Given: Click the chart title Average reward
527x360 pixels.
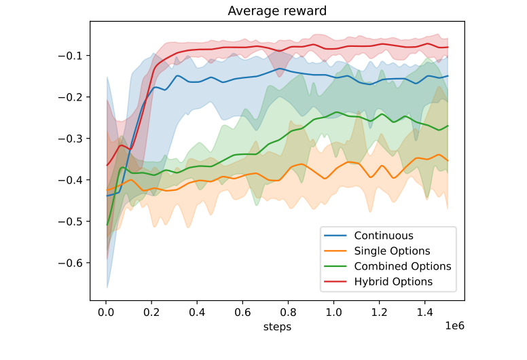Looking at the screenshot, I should click(276, 11).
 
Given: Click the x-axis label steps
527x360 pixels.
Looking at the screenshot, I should click(276, 327).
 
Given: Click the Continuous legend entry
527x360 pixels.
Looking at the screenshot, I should click(383, 236).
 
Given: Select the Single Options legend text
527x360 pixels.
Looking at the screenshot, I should click(392, 251).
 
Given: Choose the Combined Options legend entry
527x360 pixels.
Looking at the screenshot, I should click(402, 266).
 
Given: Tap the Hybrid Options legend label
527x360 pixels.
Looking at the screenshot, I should click(393, 281).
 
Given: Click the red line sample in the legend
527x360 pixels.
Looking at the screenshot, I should click(337, 281).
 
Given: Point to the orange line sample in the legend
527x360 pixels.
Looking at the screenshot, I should click(337, 251).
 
